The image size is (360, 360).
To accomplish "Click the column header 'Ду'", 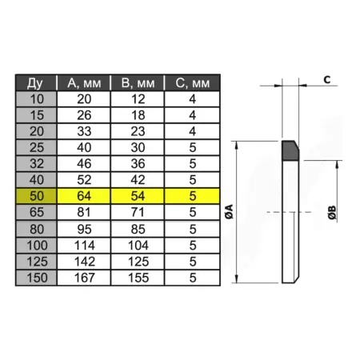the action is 36,83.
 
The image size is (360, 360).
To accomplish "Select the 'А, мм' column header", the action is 84,83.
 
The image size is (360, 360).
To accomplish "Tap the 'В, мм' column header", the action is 138,83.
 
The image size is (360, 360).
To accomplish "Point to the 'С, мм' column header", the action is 192,83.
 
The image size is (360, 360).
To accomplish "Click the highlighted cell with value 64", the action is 84,196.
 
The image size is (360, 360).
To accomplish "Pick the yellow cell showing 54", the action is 138,196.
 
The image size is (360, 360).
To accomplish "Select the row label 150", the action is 36,278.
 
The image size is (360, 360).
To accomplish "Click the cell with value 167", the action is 84,278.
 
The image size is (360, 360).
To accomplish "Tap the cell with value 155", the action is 138,278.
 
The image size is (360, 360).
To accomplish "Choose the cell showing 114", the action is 84,246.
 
